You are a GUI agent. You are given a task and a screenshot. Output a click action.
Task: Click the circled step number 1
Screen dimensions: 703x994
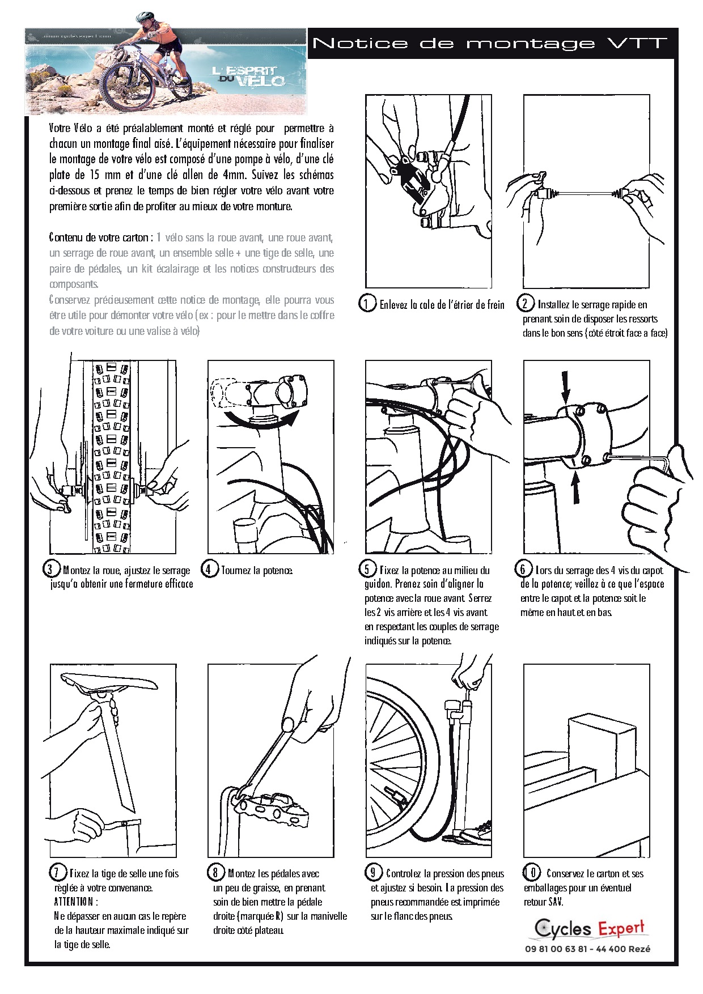(367, 304)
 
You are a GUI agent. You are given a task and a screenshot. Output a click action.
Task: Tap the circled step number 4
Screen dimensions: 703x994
(209, 569)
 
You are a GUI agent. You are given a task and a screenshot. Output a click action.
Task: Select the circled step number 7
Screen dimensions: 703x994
(57, 873)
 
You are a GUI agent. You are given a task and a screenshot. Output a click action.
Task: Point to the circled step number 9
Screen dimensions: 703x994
(372, 873)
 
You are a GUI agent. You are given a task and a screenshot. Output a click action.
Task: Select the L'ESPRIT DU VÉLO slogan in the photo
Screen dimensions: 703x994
(248, 76)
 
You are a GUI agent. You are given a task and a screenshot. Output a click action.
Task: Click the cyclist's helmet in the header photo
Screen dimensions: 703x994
(145, 17)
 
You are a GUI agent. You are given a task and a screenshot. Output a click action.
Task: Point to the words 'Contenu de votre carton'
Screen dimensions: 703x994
(99, 237)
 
